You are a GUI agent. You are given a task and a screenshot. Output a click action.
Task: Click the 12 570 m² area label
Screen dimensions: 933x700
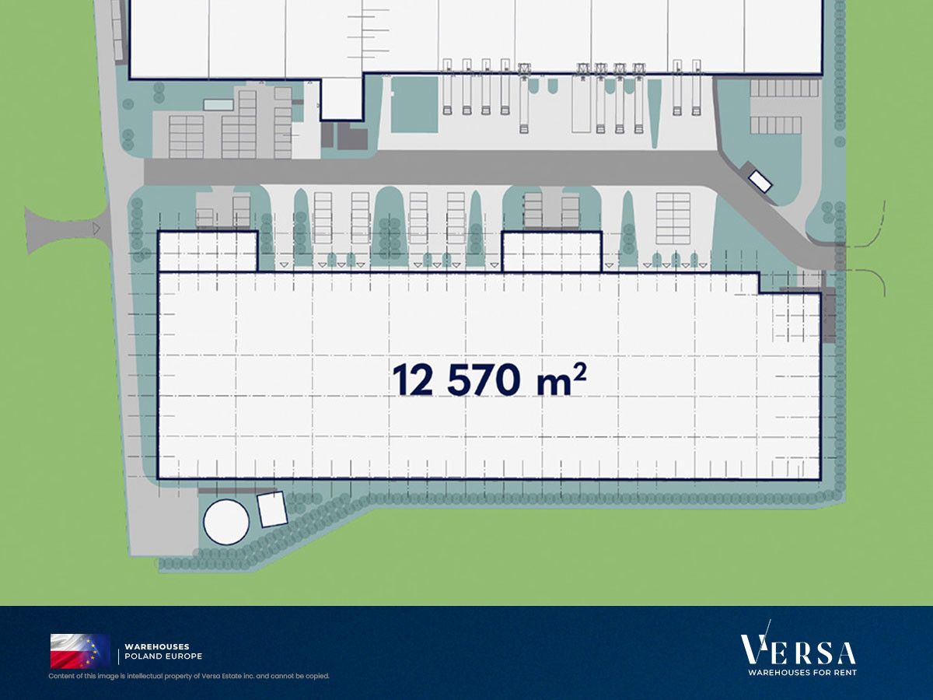[x=490, y=380]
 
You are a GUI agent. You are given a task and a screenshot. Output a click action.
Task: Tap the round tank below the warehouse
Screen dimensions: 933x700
[x=226, y=521]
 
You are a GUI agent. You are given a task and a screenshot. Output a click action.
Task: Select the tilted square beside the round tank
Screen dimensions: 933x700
[x=272, y=509]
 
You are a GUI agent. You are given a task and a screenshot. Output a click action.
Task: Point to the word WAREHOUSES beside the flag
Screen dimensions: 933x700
[x=157, y=647]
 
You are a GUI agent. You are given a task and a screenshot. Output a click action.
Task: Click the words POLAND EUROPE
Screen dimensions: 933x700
[x=163, y=656]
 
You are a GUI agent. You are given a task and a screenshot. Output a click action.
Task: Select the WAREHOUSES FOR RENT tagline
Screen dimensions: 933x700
[x=802, y=673]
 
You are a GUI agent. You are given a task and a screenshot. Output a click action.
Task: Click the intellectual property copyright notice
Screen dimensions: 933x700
[x=189, y=676]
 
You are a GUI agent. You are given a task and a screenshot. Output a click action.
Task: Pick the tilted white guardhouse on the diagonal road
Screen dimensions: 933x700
[x=760, y=181]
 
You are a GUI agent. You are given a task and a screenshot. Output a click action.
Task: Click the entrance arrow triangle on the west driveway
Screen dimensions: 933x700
[x=96, y=229]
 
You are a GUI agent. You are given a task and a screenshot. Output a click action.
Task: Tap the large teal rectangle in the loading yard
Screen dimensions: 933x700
[x=414, y=104]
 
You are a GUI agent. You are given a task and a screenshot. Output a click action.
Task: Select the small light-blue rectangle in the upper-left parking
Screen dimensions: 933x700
[x=218, y=104]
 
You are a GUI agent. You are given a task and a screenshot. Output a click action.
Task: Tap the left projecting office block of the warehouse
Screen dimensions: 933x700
[x=208, y=251]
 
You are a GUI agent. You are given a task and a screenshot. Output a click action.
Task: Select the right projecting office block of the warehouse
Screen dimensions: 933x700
[x=552, y=251]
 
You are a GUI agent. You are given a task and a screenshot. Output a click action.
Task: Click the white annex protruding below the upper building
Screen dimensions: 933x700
[x=342, y=98]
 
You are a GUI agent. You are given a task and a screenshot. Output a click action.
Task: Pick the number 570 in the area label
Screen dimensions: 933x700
[x=484, y=380]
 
